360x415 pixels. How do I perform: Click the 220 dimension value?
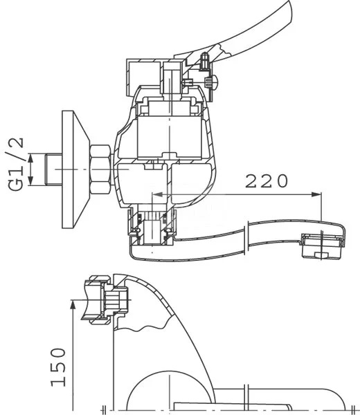click(x=267, y=181)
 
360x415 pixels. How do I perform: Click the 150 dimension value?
click(x=58, y=367)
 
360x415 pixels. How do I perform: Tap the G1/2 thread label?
click(x=16, y=164)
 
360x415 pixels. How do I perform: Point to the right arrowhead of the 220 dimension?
click(x=316, y=194)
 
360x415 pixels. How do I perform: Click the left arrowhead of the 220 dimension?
click(x=156, y=194)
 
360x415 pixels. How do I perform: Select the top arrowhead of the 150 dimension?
click(x=73, y=304)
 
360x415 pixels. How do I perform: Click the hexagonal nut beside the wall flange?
click(x=100, y=169)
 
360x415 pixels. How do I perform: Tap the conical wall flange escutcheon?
click(x=75, y=169)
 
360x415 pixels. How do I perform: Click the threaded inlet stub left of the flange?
click(x=54, y=169)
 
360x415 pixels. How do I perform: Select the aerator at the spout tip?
click(x=323, y=246)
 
